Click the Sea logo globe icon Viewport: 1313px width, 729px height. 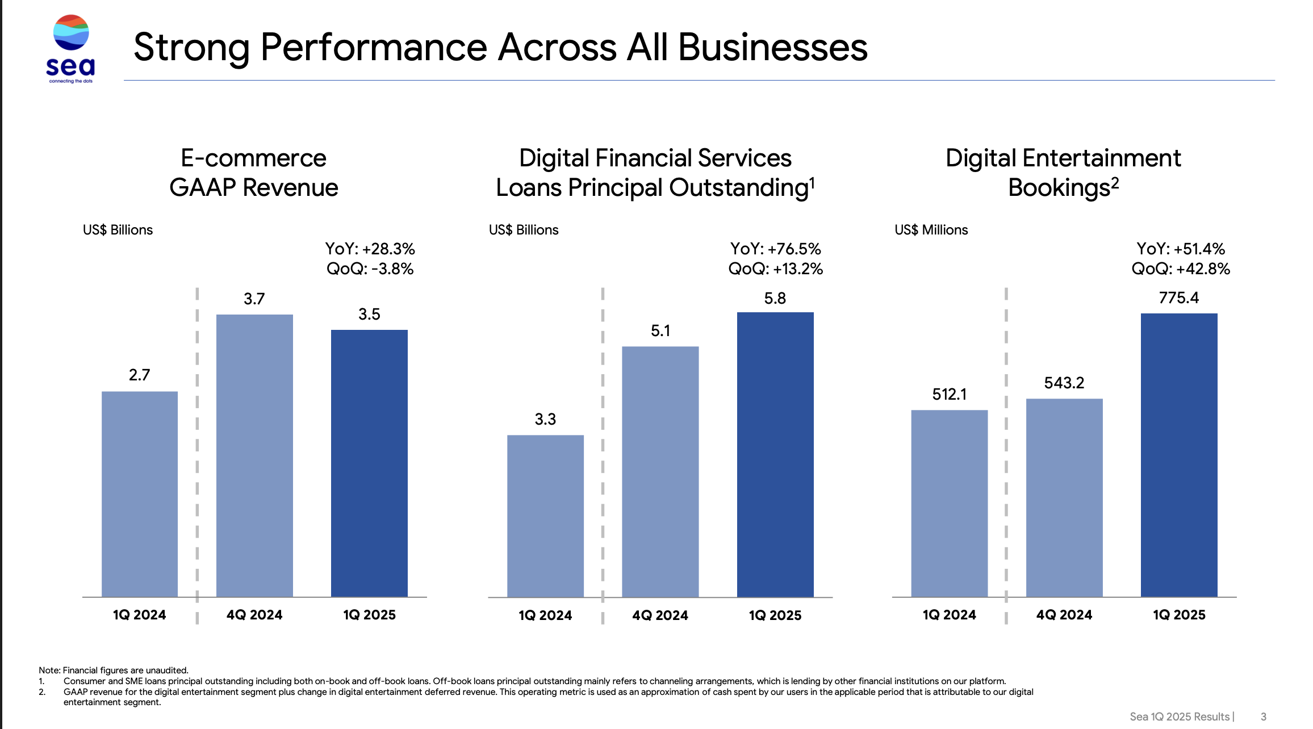coord(71,33)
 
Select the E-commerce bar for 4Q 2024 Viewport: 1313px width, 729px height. coord(254,455)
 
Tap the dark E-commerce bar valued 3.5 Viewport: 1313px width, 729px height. coord(369,463)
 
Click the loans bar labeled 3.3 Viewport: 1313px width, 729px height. coord(545,516)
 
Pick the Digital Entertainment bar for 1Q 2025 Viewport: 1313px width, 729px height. coord(1179,455)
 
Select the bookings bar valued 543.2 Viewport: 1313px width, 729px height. coord(1064,497)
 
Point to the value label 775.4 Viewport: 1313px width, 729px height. coord(1179,298)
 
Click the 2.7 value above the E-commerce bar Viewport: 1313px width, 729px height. coord(139,375)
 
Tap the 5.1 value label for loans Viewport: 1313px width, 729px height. coord(660,330)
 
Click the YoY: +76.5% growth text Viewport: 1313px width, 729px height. coord(776,249)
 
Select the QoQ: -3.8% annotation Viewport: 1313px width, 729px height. coord(370,269)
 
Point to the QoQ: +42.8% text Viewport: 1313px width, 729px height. coord(1181,269)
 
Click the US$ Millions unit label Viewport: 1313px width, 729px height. coord(931,230)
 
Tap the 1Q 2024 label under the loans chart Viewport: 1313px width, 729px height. coord(545,615)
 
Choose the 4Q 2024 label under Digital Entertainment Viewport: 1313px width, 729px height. coord(1064,615)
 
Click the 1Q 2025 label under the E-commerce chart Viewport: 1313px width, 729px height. coord(369,615)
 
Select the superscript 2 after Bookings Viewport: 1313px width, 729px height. coord(1115,182)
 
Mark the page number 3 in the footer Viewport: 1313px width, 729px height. coord(1264,717)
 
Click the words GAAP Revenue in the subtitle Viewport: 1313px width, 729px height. coord(254,187)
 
